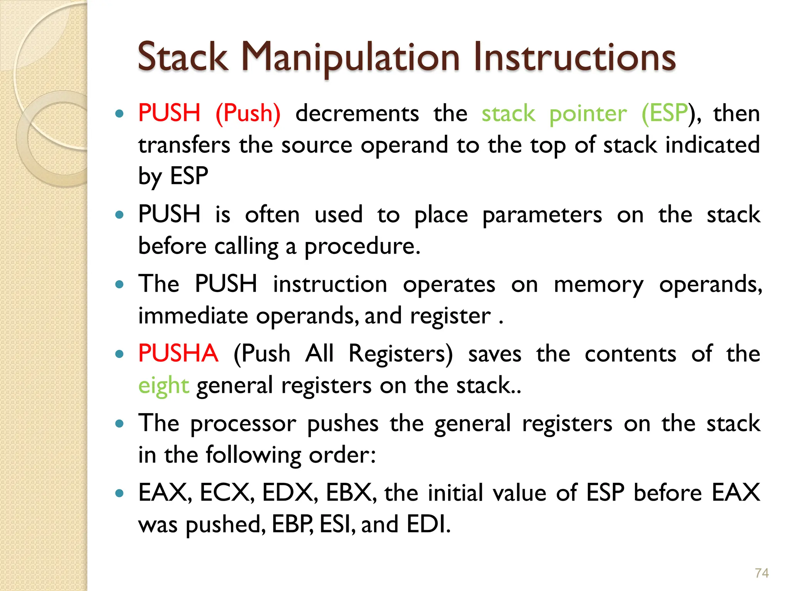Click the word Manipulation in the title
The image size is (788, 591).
point(350,58)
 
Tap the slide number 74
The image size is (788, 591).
point(761,573)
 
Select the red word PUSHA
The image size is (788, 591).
point(178,353)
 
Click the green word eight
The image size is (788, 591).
point(164,386)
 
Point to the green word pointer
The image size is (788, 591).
point(588,114)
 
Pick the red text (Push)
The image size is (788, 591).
point(248,114)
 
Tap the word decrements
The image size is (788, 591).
point(357,114)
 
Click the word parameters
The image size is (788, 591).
point(542,215)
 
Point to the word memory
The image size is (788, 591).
point(598,285)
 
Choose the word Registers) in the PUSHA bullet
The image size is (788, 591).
point(401,353)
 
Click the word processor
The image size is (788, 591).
point(243,423)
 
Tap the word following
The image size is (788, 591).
point(254,455)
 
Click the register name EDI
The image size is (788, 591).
point(428,524)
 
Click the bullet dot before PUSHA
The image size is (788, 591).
point(120,354)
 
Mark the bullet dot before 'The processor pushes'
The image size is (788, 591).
point(120,424)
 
